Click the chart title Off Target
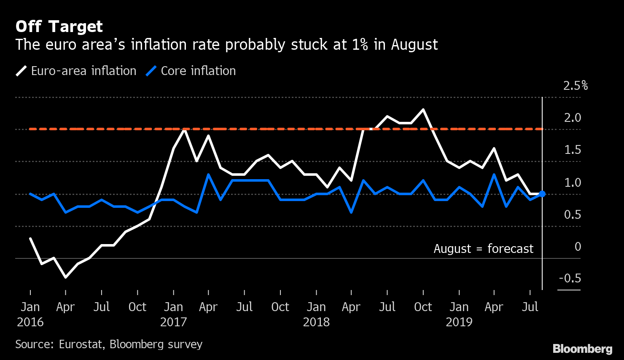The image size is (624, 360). coord(59,27)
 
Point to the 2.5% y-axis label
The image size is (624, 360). coord(575,86)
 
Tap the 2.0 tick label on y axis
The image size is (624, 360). coord(573,118)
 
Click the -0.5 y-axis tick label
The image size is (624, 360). coord(570,278)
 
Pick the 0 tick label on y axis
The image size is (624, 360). coord(578,247)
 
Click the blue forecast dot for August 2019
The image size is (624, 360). coord(542,194)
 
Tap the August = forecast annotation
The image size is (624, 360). coord(484,249)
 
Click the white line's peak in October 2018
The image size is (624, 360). coord(423,110)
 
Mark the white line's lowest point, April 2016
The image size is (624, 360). coord(66,277)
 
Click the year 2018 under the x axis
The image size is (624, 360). coord(316,322)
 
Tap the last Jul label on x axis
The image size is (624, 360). coord(530,307)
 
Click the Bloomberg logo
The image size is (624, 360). coord(582,349)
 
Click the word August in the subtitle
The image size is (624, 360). coord(414,45)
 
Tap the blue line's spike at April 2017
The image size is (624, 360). coord(208,174)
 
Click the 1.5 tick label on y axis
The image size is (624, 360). coord(573,150)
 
